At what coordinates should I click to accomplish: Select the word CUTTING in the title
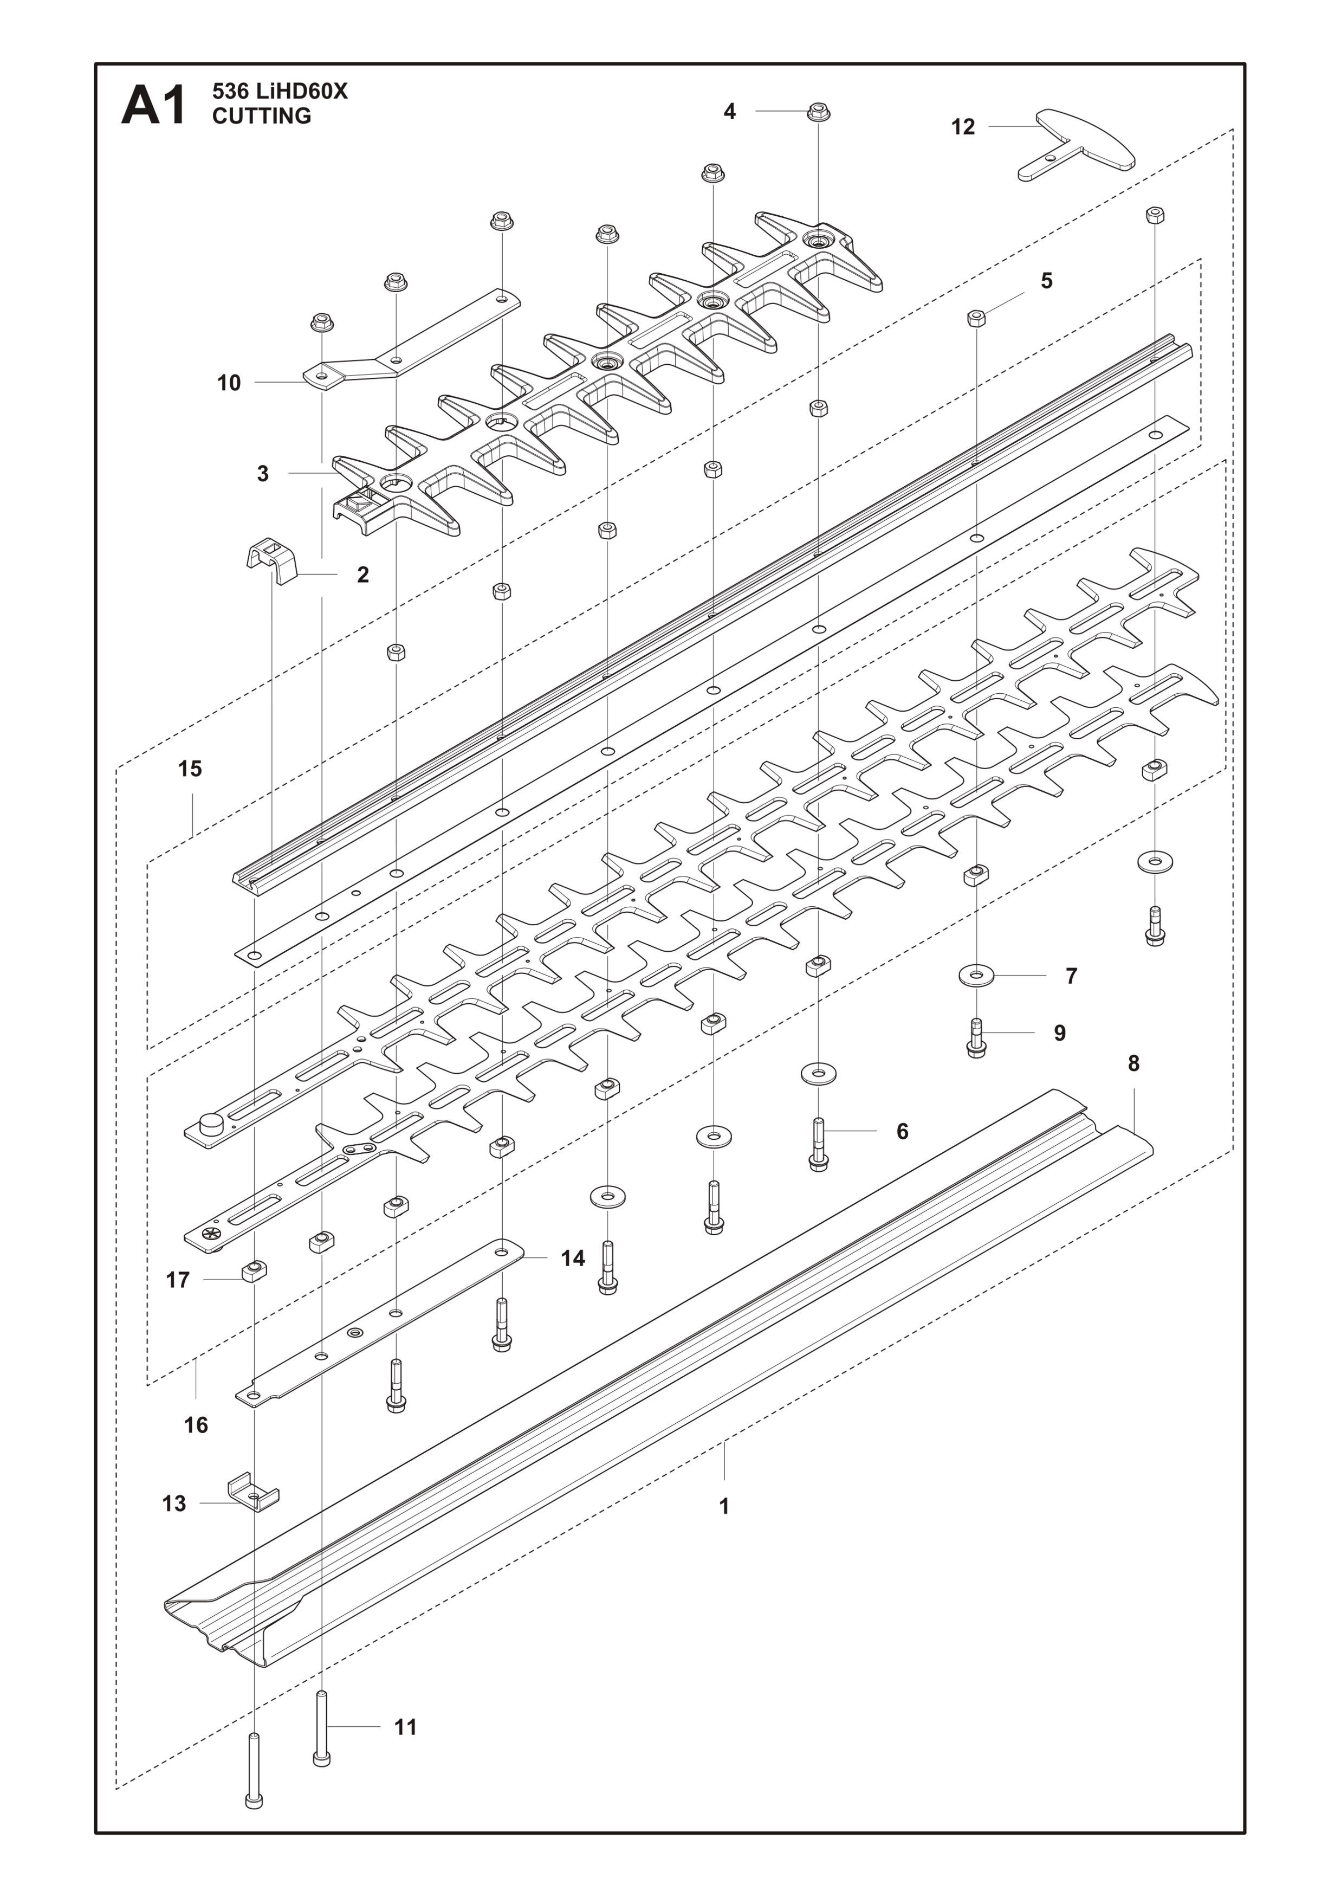(262, 117)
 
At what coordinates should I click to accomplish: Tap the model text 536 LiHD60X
(280, 92)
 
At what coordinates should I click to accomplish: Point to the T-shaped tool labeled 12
(1077, 145)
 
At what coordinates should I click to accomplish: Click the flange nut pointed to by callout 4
(818, 112)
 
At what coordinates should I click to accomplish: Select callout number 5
(1046, 281)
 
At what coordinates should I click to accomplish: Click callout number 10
(229, 383)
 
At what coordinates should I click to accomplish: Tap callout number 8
(1133, 1063)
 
